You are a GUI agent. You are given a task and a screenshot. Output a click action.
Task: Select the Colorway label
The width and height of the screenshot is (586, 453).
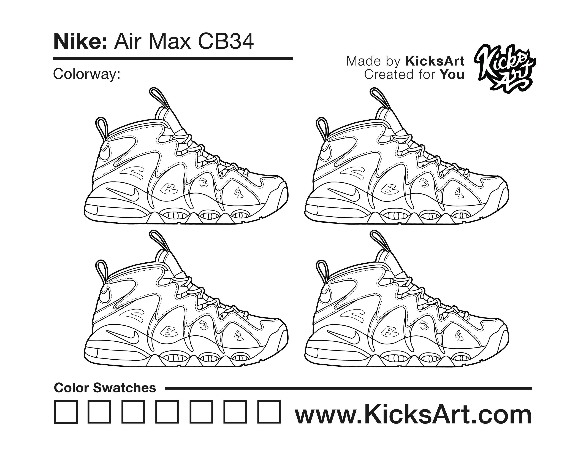pyautogui.click(x=86, y=74)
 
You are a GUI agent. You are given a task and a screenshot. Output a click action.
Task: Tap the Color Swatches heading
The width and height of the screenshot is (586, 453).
pyautogui.click(x=105, y=388)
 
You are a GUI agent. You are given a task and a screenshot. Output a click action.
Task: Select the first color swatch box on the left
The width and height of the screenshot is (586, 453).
pyautogui.click(x=66, y=412)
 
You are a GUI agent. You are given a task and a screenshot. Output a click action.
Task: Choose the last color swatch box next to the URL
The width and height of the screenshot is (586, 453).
pyautogui.click(x=269, y=412)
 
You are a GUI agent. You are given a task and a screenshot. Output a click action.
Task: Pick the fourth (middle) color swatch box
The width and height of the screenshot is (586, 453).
pyautogui.click(x=167, y=412)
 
